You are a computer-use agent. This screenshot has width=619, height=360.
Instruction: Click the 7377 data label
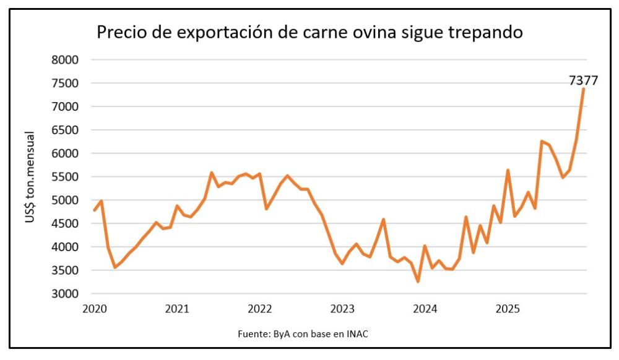coord(584,80)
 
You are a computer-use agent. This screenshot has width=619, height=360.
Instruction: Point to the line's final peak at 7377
coord(583,89)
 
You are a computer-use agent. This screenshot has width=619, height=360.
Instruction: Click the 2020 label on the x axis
coord(95,309)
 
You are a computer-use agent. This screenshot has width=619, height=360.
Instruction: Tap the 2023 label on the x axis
coord(342,309)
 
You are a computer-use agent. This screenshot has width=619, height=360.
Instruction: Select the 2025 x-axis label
coord(508,309)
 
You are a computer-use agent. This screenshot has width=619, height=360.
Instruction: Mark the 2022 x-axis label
coord(260,309)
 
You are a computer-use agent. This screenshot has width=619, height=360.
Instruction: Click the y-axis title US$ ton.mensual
coord(30,177)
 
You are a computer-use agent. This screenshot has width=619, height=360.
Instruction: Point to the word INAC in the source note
coord(359,334)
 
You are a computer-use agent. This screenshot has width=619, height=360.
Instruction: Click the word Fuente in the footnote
coord(252,334)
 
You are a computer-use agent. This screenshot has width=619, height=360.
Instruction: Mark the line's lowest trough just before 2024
coord(418,281)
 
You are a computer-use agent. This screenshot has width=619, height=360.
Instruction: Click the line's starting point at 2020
coord(95,210)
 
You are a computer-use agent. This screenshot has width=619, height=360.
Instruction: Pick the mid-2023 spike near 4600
coord(384,219)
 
